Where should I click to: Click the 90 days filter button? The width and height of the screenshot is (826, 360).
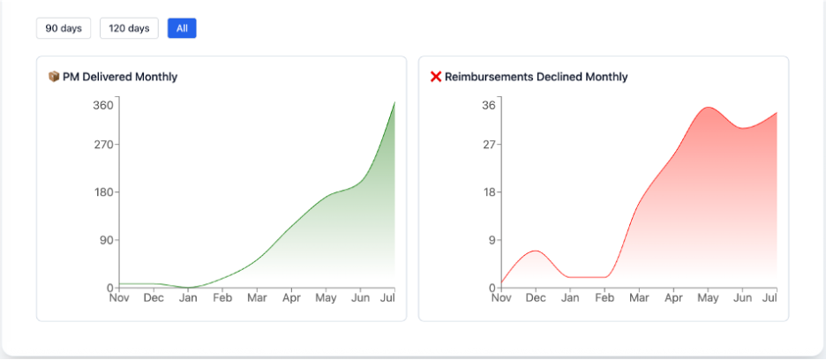64,28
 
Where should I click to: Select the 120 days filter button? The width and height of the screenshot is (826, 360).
129,28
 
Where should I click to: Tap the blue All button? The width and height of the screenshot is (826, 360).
182,28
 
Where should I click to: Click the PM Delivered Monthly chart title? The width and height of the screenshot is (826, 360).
119,77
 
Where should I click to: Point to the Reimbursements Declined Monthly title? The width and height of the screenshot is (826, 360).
536,77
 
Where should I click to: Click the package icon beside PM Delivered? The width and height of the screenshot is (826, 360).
54,77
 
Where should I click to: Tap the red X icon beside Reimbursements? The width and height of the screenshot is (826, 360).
436,77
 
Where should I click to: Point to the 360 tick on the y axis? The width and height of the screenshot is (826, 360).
103,106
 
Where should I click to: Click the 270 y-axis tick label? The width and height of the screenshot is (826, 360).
103,145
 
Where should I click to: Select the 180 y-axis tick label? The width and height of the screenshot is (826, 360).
103,192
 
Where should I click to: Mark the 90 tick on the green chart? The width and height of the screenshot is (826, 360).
106,240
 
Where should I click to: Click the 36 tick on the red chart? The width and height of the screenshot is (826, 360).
489,106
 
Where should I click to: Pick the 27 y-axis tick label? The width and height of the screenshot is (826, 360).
489,145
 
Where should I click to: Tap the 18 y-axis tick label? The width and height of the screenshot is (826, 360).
489,192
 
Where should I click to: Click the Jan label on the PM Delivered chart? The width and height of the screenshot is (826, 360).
188,298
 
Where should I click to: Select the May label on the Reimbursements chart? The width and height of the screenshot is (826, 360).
708,298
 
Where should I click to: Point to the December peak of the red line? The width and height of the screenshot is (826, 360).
535,251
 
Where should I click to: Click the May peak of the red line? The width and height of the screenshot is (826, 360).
708,108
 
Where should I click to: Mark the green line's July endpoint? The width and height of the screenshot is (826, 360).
394,102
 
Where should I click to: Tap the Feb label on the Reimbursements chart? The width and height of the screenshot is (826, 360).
604,298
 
